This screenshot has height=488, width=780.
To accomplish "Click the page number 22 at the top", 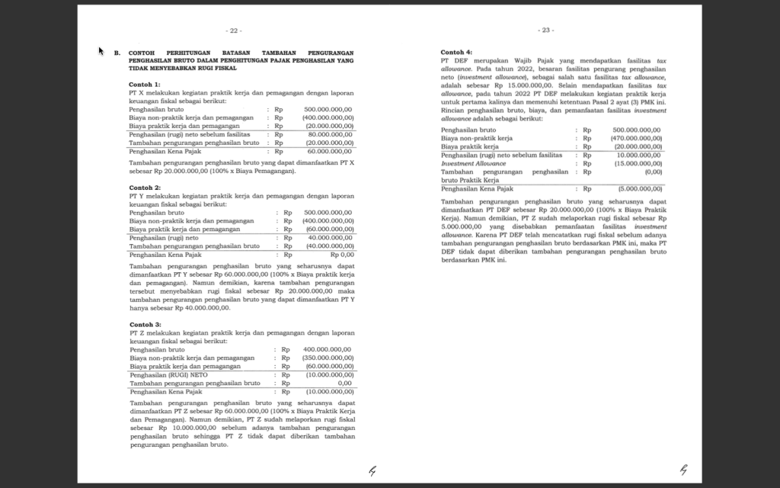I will pos(235,30).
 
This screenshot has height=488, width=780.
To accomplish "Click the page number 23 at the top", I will pos(546,30).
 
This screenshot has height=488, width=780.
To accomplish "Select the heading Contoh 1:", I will pos(145,84).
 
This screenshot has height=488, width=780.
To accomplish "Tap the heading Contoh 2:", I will pos(145,188).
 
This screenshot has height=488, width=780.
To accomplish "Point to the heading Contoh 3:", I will pos(145,324).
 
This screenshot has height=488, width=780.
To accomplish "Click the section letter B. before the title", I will pos(117,53).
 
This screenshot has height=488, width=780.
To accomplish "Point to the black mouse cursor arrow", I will pos(101,51).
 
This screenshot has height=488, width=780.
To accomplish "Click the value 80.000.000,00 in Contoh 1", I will pos(328,134).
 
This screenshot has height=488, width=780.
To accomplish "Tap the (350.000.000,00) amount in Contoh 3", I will pos(327,358).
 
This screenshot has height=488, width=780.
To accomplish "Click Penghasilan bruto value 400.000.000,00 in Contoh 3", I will pos(327,349).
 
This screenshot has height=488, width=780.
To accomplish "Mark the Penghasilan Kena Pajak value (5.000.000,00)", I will pos(639,188).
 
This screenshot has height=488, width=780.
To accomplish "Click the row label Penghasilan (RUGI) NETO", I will pos(169,374).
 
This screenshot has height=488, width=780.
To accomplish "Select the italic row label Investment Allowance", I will pos(473,163).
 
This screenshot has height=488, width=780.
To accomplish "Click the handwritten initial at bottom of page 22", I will pos(372,470).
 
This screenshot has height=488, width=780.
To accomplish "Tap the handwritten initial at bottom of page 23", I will pos(683,470).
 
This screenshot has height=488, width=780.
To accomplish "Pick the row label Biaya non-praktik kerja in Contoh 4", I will pos(477,138).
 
